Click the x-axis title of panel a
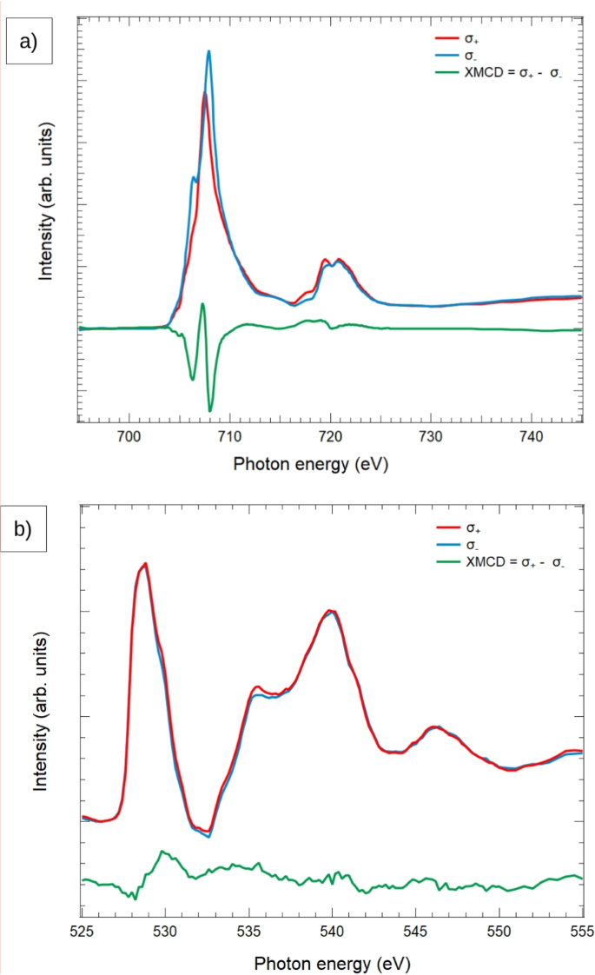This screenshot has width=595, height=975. pyautogui.click(x=310, y=464)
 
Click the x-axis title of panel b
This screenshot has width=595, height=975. pyautogui.click(x=331, y=963)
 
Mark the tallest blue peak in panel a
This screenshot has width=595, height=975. pyautogui.click(x=208, y=51)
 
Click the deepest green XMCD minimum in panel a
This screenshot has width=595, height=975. pyautogui.click(x=210, y=410)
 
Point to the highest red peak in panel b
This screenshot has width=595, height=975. pyautogui.click(x=145, y=564)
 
